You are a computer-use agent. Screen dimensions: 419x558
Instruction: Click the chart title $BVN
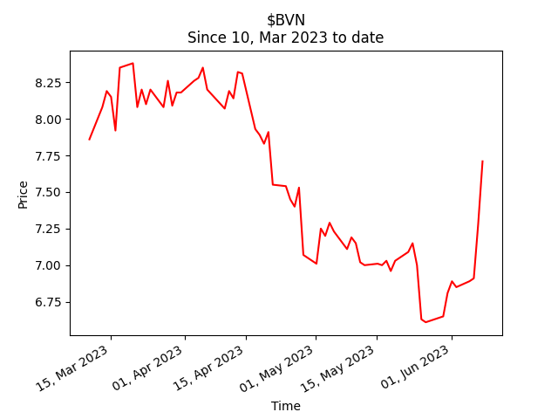click(285, 20)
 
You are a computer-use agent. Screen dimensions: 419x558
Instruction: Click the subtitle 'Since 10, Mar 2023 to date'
click(285, 38)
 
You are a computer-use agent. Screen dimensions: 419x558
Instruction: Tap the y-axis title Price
click(24, 194)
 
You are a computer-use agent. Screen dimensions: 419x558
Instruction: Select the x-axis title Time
click(285, 406)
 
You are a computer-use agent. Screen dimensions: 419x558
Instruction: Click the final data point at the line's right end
click(482, 161)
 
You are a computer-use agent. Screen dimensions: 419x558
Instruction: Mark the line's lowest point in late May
click(425, 322)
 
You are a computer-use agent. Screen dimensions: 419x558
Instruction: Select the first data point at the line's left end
click(89, 140)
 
